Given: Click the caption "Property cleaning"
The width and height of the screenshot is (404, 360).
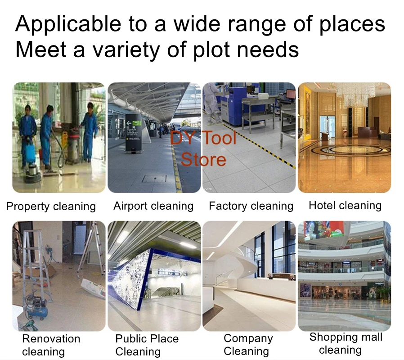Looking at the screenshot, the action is [x=51, y=207].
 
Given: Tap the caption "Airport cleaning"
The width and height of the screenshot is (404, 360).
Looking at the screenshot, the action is [x=153, y=206].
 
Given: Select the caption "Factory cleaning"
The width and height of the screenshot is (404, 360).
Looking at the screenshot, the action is [x=251, y=206].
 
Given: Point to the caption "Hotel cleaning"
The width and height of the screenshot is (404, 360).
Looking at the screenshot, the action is [x=345, y=205].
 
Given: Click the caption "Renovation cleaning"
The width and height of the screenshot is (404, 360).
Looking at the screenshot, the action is [x=51, y=345].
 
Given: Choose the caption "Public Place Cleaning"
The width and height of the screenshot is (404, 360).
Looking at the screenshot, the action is [x=147, y=345].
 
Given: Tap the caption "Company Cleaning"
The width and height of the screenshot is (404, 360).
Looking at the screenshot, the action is [x=248, y=345].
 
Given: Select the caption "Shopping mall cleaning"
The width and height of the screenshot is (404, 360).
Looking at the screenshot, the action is [x=346, y=343].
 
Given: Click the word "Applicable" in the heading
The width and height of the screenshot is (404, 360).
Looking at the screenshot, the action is [x=68, y=24].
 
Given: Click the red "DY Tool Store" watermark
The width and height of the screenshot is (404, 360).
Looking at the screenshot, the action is [x=203, y=148].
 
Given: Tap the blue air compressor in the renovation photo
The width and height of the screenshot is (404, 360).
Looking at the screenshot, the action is [x=36, y=307].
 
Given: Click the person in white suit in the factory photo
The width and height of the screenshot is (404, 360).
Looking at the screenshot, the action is [x=212, y=103].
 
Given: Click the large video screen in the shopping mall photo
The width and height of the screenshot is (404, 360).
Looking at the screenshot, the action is [x=324, y=230].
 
